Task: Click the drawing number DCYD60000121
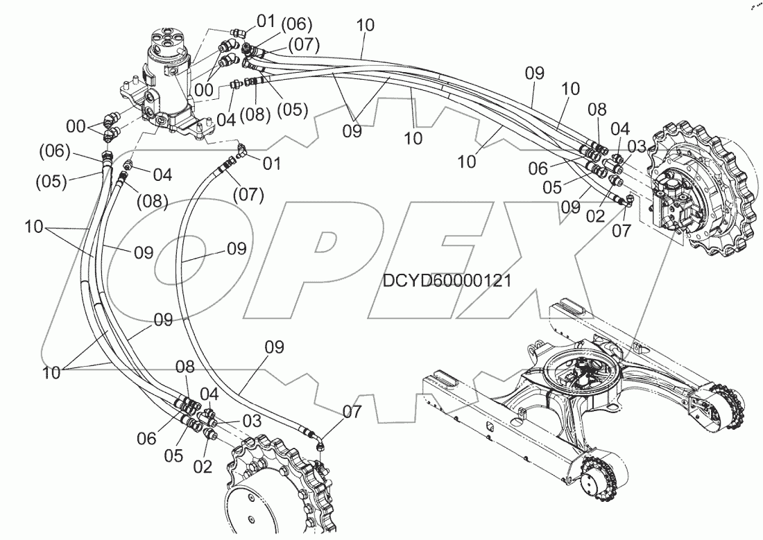[x=447, y=281]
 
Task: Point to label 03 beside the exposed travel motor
[x=637, y=146]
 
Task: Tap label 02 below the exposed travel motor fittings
[x=596, y=215]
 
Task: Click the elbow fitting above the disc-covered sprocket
[x=320, y=442]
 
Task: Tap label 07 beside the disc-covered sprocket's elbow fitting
[x=352, y=412]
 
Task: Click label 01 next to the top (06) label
[x=266, y=21]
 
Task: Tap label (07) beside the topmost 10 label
[x=304, y=46]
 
